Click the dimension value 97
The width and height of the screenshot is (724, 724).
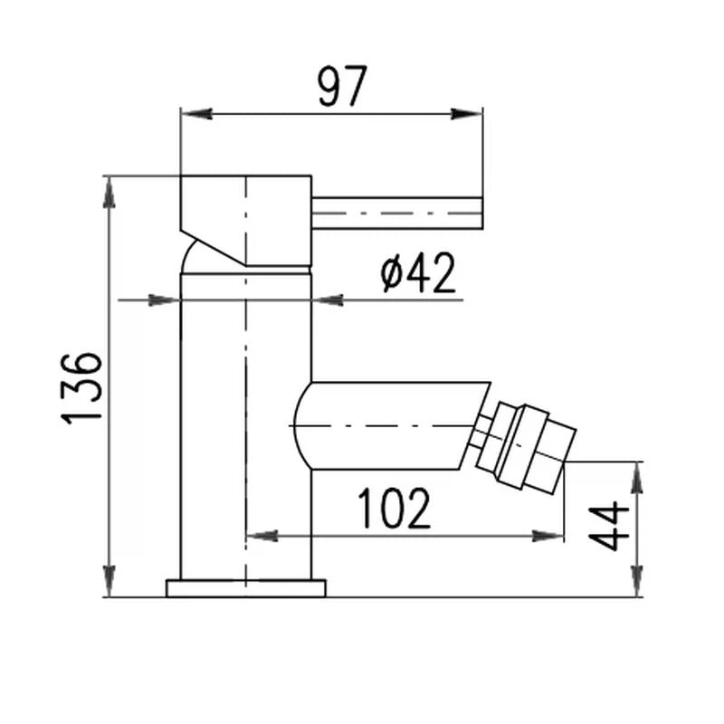[x=343, y=86]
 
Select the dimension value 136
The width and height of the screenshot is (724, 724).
[x=81, y=388]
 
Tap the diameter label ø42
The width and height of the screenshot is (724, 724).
[x=418, y=273]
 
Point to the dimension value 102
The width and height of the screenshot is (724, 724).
[x=395, y=509]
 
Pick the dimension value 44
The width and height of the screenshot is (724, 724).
[x=609, y=527]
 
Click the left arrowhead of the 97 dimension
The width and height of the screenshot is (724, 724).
[x=196, y=114]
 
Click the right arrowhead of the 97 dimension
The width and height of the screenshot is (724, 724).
[x=466, y=114]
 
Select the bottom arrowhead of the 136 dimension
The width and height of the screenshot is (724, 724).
[x=110, y=581]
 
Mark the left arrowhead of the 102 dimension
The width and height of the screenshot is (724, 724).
[x=262, y=536]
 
